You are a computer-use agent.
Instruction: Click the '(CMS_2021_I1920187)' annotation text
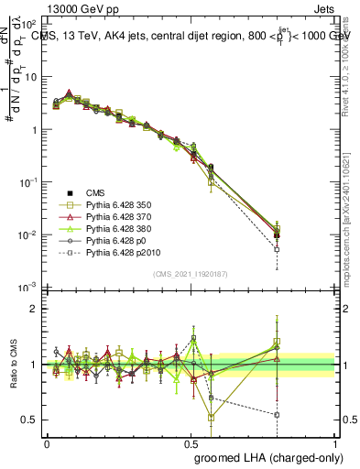point(191,272)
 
